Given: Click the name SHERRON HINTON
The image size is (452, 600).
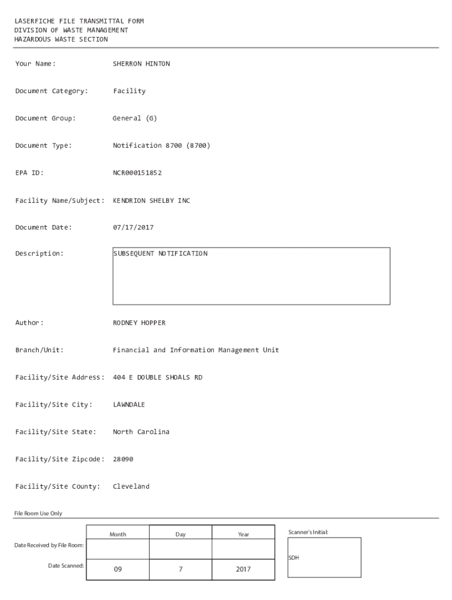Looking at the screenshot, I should coord(141,64).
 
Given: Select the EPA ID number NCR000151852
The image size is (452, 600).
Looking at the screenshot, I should coord(137,173).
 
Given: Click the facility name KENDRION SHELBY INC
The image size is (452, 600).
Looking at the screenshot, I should coord(151,200).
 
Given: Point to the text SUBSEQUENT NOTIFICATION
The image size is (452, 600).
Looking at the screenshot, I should coord(160,254).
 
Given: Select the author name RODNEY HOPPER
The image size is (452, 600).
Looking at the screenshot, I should coord(139,323).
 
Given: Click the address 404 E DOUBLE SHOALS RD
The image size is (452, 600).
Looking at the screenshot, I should coord(157,377).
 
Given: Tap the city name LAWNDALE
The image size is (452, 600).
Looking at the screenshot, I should coord(129,404).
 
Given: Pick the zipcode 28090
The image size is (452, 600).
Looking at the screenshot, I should coord(123,459).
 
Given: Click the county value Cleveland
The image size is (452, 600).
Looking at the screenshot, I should coord(131,486).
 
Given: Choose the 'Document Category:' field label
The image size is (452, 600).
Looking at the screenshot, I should coord(52,91).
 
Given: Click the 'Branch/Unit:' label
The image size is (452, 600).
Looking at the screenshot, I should coord(39,350).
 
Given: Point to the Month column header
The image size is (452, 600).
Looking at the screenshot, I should coord(117,534).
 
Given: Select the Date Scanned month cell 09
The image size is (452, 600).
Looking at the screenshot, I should coord(117,569).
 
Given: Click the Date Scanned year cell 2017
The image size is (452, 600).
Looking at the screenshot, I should coord(243,569).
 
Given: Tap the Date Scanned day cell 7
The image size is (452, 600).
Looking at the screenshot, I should coord(180,569).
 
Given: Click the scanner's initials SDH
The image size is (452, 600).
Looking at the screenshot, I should coord(294,558).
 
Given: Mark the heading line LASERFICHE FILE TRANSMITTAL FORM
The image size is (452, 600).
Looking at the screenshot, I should coord(79,21).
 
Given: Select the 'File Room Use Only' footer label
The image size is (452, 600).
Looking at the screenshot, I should coord(38,513).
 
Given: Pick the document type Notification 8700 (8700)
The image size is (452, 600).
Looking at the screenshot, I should coord(161,145).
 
